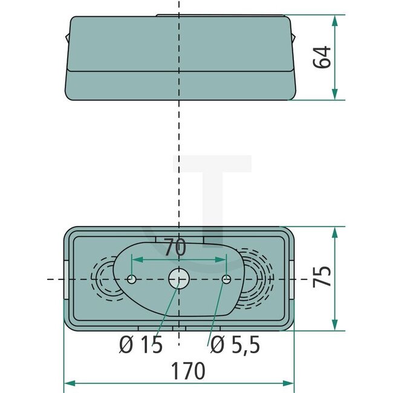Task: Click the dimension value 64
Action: [323, 57]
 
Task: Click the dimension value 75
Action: [323, 277]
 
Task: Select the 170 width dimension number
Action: [188, 370]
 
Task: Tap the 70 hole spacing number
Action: [175, 248]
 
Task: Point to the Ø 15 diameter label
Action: [141, 345]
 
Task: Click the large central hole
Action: [178, 279]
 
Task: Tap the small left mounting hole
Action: [132, 279]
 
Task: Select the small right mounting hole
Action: [226, 279]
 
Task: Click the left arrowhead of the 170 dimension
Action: [68, 383]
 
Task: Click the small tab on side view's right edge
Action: [294, 37]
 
